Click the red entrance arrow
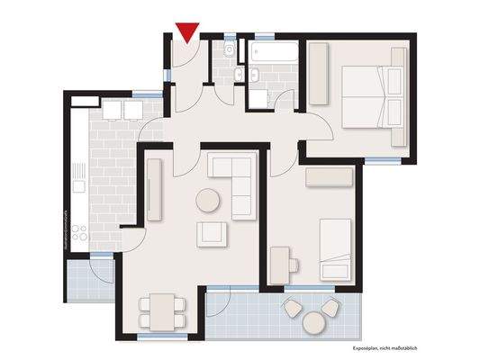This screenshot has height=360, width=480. [186, 32]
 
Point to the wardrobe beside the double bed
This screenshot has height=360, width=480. [320, 74]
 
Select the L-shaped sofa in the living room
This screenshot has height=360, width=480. [235, 181]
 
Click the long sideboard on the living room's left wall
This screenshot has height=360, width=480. [153, 191]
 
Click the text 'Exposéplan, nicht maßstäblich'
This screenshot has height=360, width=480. [385, 348]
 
